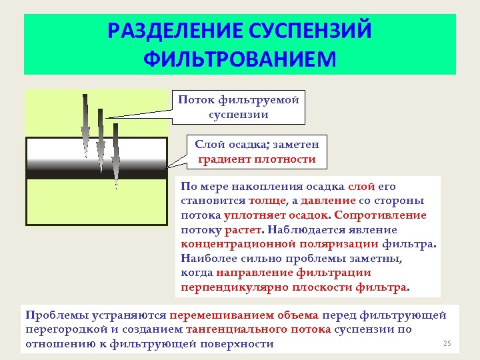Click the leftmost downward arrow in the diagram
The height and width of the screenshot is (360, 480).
(85, 123)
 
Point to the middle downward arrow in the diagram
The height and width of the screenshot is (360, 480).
(101, 140)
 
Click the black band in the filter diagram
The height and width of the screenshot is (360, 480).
(96, 174)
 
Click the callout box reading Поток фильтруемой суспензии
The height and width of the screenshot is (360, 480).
(238, 107)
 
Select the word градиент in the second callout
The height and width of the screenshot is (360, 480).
(226, 159)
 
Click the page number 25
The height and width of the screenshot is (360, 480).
(447, 343)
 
